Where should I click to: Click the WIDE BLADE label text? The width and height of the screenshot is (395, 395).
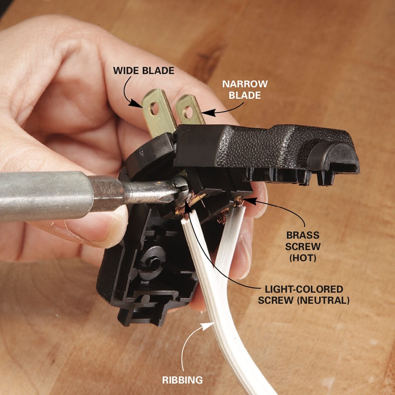click(x=144, y=71)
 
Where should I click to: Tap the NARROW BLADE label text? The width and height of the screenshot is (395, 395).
click(x=245, y=90)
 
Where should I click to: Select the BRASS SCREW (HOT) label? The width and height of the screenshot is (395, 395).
click(x=303, y=247)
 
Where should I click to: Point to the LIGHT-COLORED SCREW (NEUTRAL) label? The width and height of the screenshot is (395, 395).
click(x=303, y=295)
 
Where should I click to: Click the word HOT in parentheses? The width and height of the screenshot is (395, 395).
click(x=303, y=258)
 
